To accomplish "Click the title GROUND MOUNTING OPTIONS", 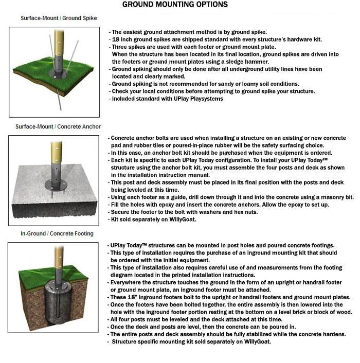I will pyautogui.click(x=175, y=5).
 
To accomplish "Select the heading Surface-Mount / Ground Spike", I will pyautogui.click(x=59, y=18).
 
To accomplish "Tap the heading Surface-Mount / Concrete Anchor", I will pyautogui.click(x=58, y=126).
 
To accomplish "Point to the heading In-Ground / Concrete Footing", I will pyautogui.click(x=57, y=233).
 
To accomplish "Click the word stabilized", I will pyautogui.click(x=276, y=334).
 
